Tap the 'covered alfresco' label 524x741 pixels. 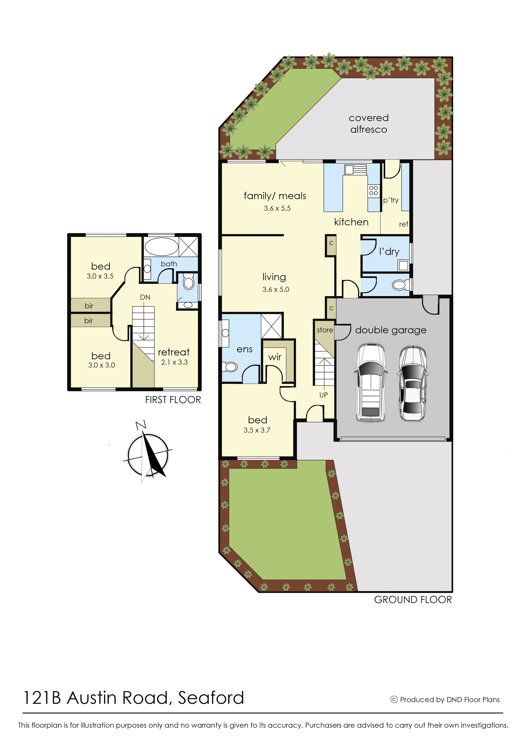coord(369,124)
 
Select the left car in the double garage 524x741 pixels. coord(370,383)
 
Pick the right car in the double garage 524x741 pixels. coord(413,383)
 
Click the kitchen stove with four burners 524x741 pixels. coord(373,190)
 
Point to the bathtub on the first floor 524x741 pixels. coord(161,247)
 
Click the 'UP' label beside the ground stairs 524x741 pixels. coord(324,395)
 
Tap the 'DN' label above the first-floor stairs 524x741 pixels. coord(145,297)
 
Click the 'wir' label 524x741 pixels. coord(275,357)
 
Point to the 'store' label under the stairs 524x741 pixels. coord(325,330)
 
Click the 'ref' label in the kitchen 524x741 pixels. coord(404,224)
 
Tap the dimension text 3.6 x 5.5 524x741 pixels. coord(277,208)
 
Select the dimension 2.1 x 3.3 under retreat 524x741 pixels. coord(174,362)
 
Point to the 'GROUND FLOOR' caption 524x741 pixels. coord(413,600)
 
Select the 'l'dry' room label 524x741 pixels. coord(389,252)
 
